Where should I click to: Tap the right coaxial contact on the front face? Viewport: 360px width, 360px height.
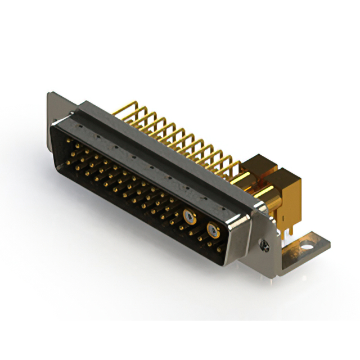tap(213, 229)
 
